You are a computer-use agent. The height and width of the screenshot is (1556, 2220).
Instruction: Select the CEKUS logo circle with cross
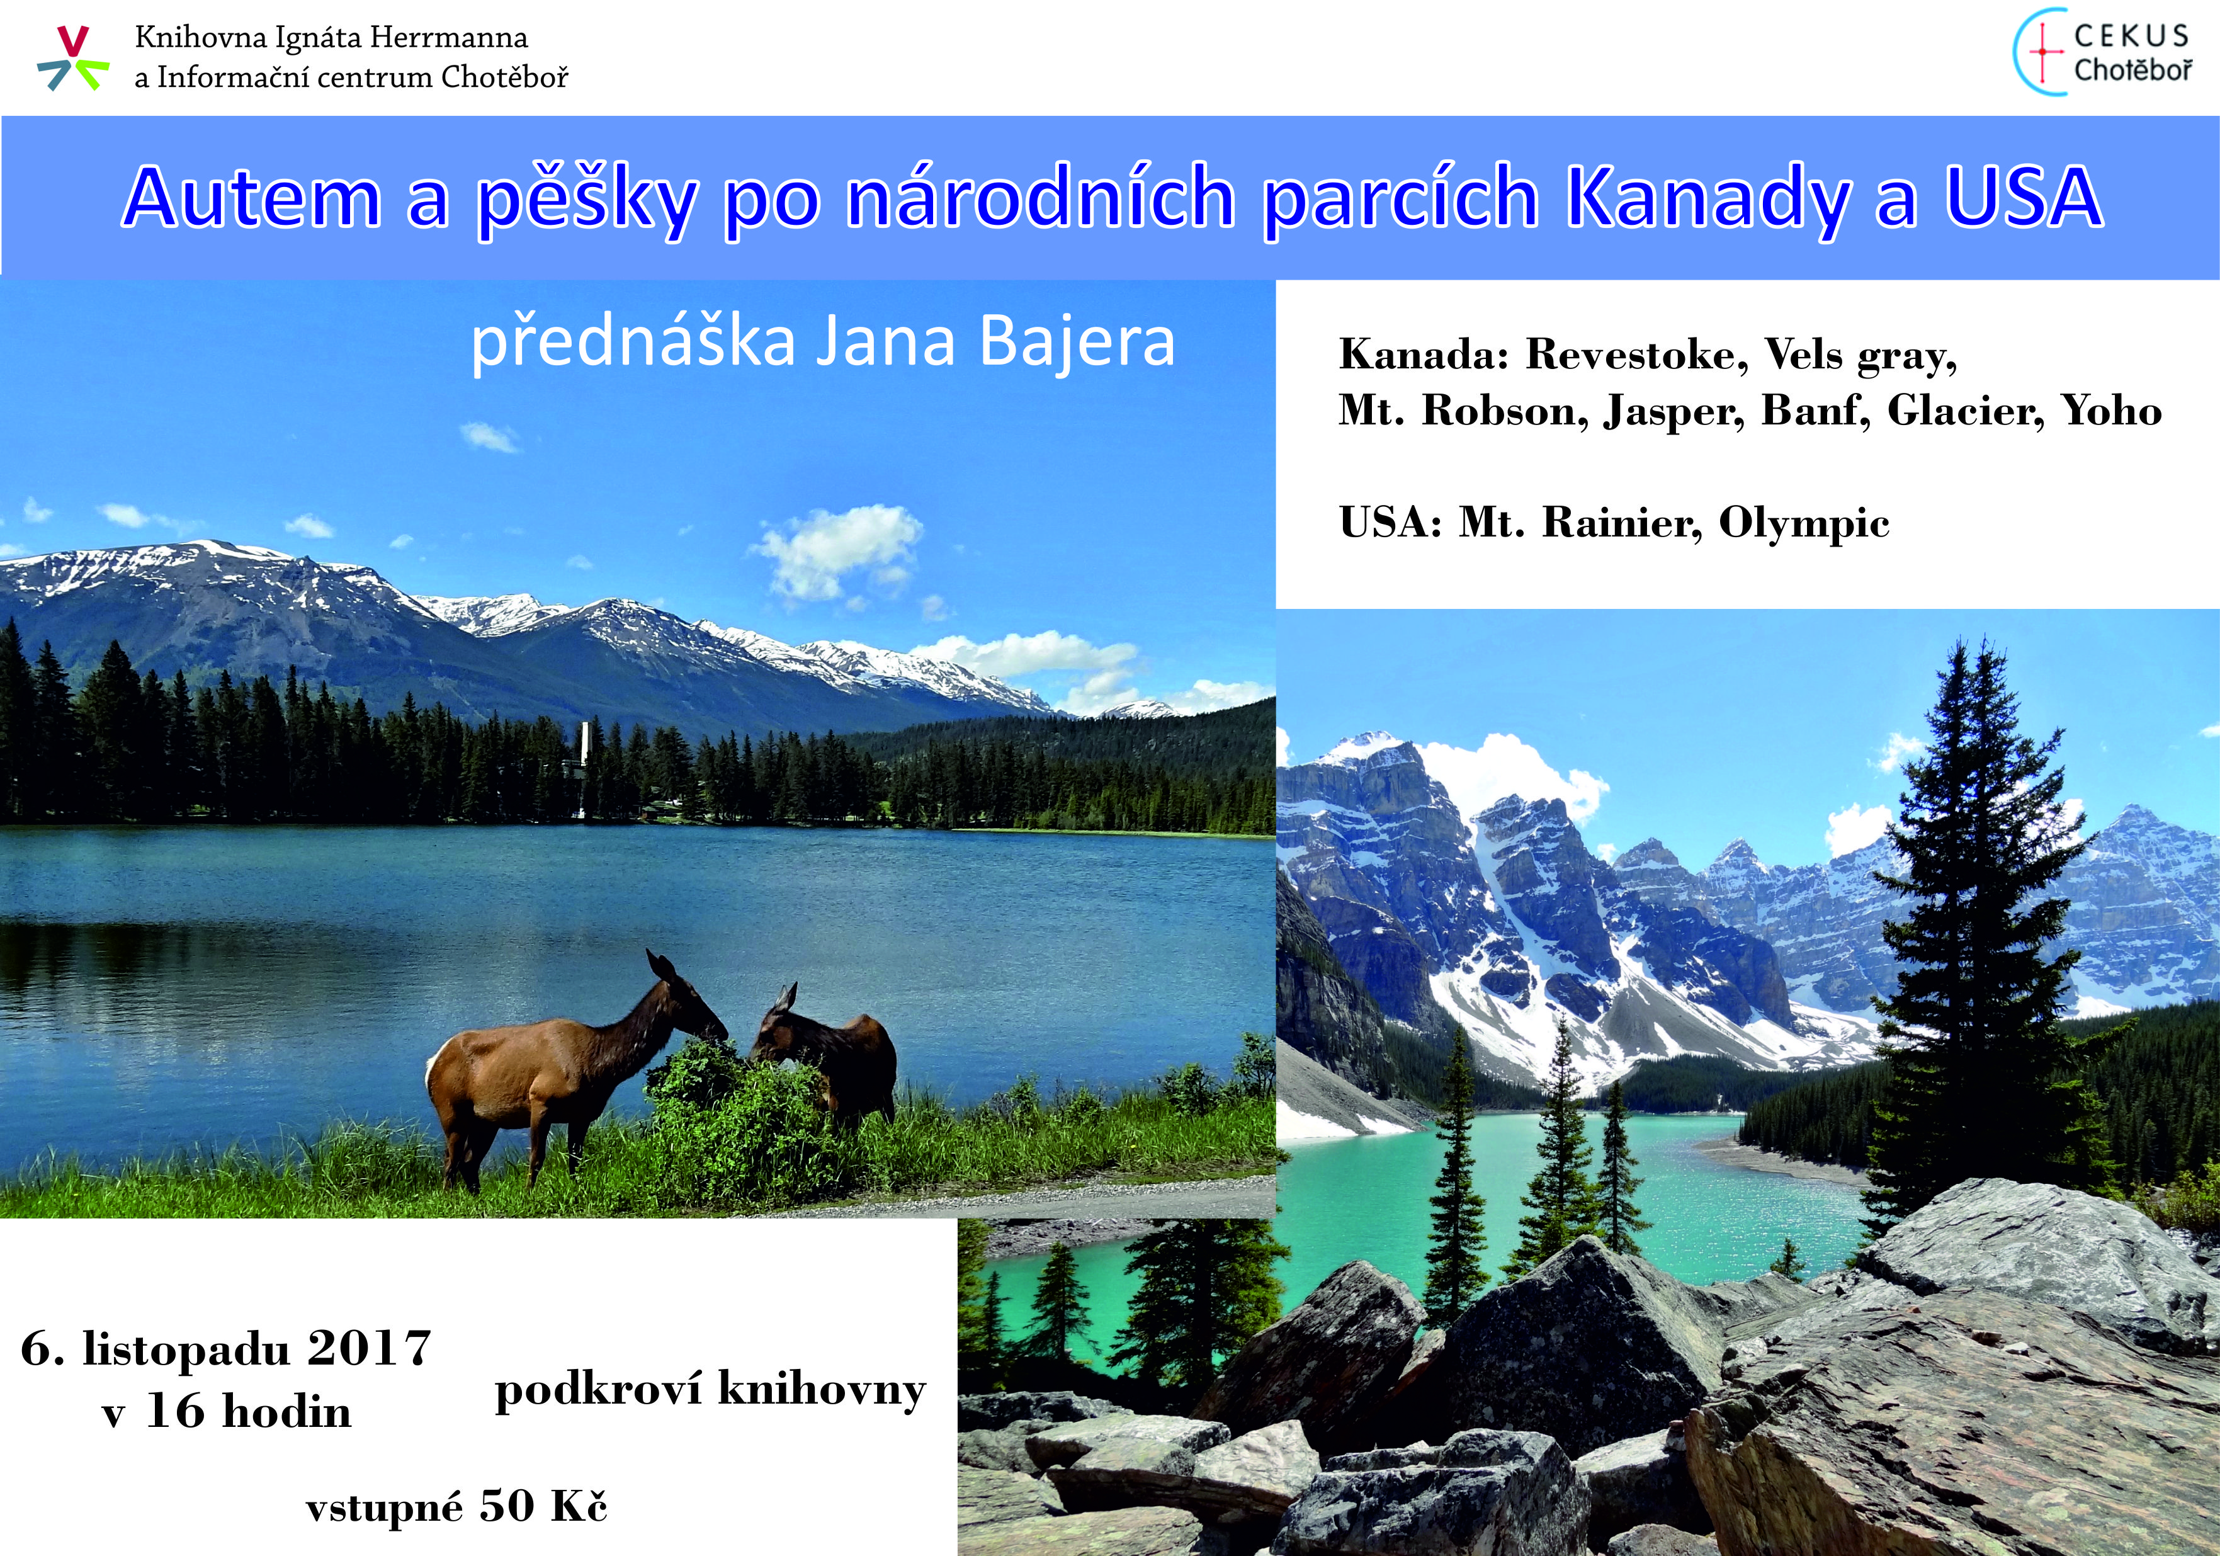2039,53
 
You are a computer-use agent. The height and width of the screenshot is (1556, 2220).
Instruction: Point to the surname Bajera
1077,343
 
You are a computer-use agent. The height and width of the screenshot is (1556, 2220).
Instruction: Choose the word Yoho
2112,411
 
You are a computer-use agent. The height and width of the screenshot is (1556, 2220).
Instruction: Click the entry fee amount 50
507,1506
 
